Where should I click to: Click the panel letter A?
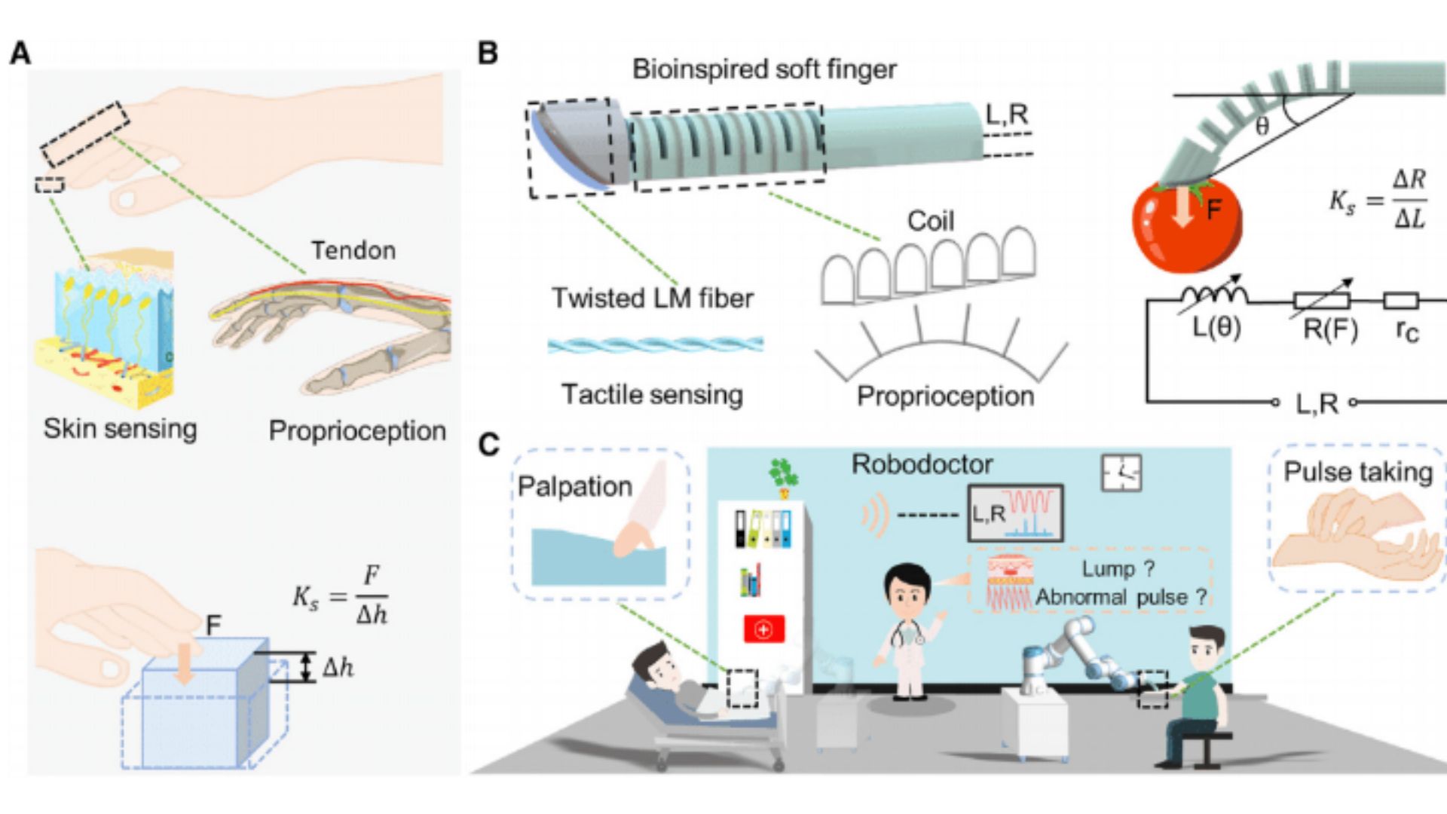click(20, 54)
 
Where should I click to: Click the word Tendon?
click(353, 250)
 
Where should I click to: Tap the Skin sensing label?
click(120, 428)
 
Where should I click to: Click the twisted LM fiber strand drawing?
click(655, 345)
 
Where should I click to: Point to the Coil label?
click(930, 221)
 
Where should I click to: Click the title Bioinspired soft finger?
click(763, 69)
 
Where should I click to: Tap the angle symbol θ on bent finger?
click(1262, 127)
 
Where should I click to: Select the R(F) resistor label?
click(1330, 329)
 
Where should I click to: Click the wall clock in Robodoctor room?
click(1121, 473)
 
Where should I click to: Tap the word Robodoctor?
click(922, 464)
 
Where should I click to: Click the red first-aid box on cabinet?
click(763, 629)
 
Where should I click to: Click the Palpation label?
click(574, 487)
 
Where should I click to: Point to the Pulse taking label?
click(1357, 472)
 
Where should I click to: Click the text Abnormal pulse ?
click(1121, 597)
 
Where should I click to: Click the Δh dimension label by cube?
click(338, 668)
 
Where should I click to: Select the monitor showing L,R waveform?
click(1015, 513)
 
